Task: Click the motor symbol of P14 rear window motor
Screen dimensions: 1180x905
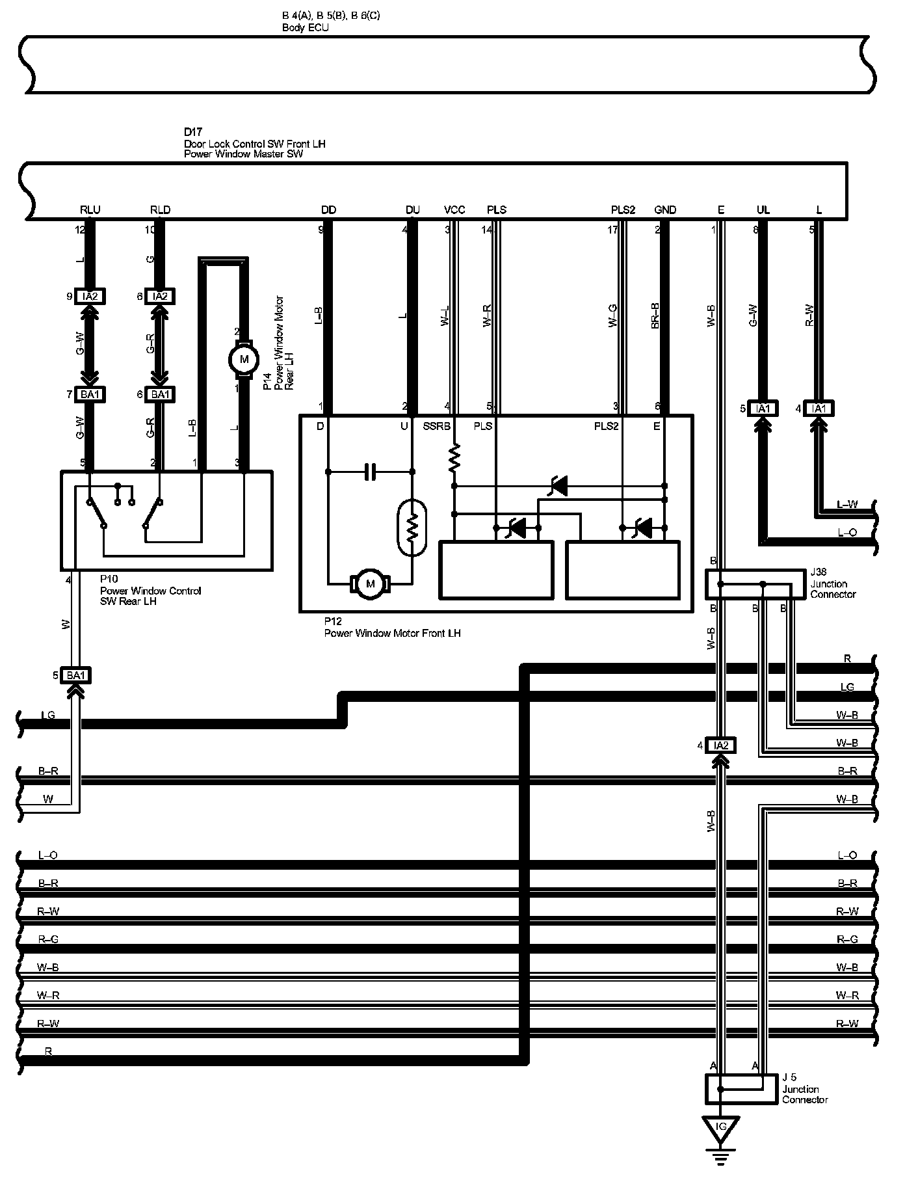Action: [244, 359]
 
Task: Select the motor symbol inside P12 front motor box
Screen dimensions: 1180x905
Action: [371, 583]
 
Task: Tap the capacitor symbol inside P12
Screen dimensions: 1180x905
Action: [370, 472]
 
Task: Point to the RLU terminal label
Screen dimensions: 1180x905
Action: [90, 209]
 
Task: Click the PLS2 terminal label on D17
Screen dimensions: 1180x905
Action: [622, 209]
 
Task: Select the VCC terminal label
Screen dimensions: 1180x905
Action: [454, 209]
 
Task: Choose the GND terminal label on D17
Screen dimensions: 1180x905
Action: [665, 209]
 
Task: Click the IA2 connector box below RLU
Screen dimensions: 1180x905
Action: [90, 297]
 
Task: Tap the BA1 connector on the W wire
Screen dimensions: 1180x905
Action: [76, 675]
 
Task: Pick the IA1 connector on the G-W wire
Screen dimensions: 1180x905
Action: [763, 409]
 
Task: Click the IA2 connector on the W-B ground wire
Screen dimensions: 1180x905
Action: [720, 745]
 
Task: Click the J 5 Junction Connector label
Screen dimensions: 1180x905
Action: [804, 1089]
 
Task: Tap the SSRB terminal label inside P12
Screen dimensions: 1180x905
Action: [436, 426]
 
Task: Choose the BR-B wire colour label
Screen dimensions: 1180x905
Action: [655, 315]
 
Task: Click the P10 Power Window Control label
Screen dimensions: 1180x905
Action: [150, 591]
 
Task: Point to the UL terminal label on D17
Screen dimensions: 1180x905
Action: [763, 209]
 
